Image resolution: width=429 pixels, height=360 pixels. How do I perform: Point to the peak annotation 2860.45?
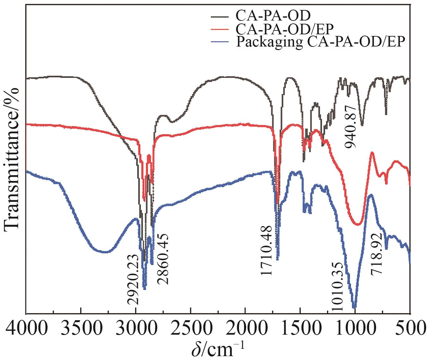[x=163, y=259]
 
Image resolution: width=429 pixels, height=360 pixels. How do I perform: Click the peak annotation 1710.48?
[x=266, y=250]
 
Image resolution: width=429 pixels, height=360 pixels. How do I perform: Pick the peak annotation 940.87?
[x=351, y=126]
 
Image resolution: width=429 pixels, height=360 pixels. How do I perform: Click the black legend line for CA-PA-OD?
[x=219, y=15]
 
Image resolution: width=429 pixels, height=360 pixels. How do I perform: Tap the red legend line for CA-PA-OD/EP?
[x=219, y=29]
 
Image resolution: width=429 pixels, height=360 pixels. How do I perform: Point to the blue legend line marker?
[x=219, y=42]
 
